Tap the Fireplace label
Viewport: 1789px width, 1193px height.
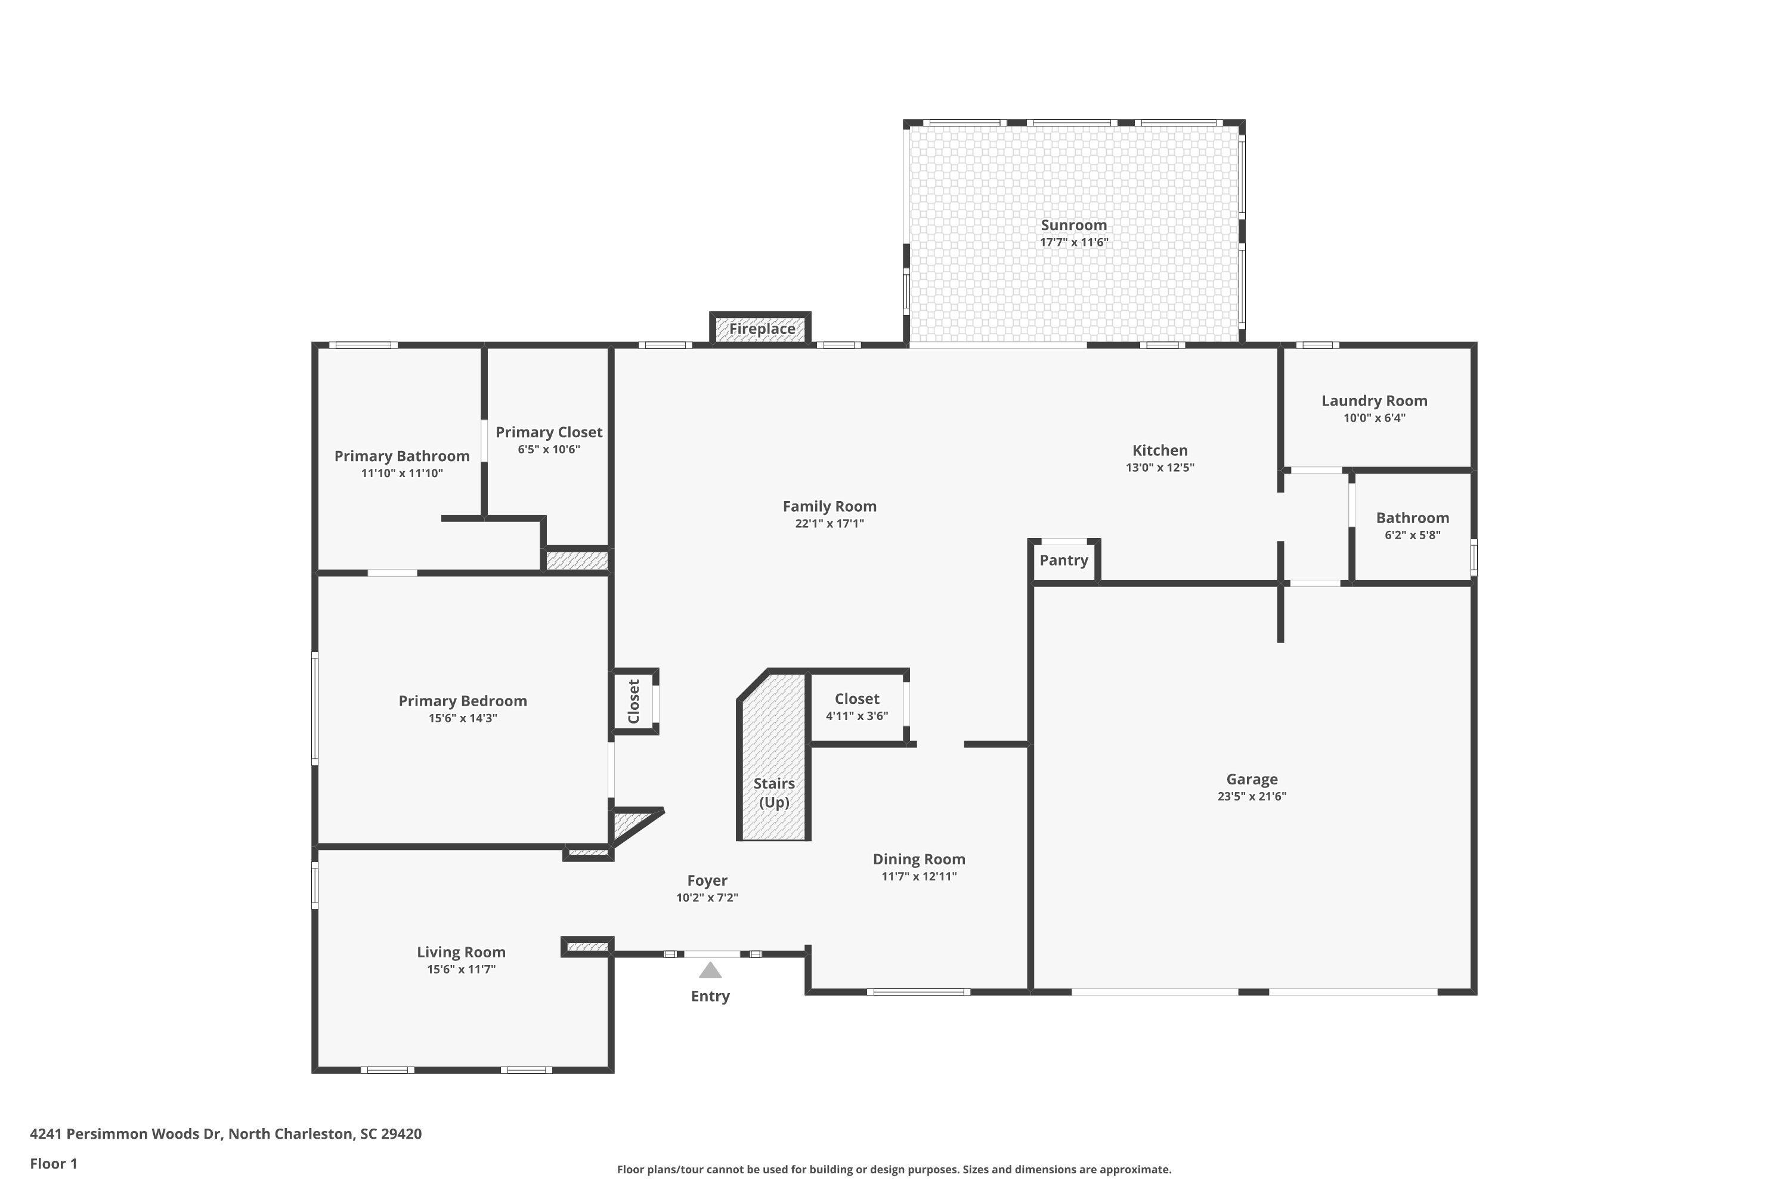[762, 329]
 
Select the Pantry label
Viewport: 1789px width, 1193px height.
[1063, 560]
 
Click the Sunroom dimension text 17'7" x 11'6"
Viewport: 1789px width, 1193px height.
[1073, 243]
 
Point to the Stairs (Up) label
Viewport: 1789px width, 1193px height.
[773, 792]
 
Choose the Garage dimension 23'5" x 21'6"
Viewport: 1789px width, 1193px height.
[1251, 796]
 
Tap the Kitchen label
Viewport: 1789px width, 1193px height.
[1159, 450]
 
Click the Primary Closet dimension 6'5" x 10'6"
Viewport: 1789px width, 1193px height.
[549, 450]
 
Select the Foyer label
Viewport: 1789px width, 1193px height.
[707, 880]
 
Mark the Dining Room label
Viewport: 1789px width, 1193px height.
[918, 859]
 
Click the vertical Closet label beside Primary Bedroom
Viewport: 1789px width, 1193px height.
[633, 701]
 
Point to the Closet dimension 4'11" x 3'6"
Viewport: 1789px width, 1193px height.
[856, 716]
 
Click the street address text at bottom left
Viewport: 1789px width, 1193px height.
[225, 1134]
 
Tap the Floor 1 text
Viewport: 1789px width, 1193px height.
[53, 1163]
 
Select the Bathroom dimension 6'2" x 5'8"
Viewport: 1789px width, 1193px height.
[1412, 535]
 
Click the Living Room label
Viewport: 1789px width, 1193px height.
[461, 952]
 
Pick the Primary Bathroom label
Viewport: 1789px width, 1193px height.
[401, 456]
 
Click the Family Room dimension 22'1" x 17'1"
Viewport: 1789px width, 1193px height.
[829, 524]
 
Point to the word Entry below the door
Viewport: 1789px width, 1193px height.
[710, 996]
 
